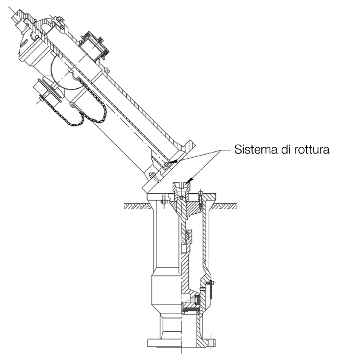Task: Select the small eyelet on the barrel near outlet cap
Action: tap(106, 71)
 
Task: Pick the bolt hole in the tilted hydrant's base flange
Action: tap(151, 176)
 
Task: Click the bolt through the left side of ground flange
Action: tap(164, 199)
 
